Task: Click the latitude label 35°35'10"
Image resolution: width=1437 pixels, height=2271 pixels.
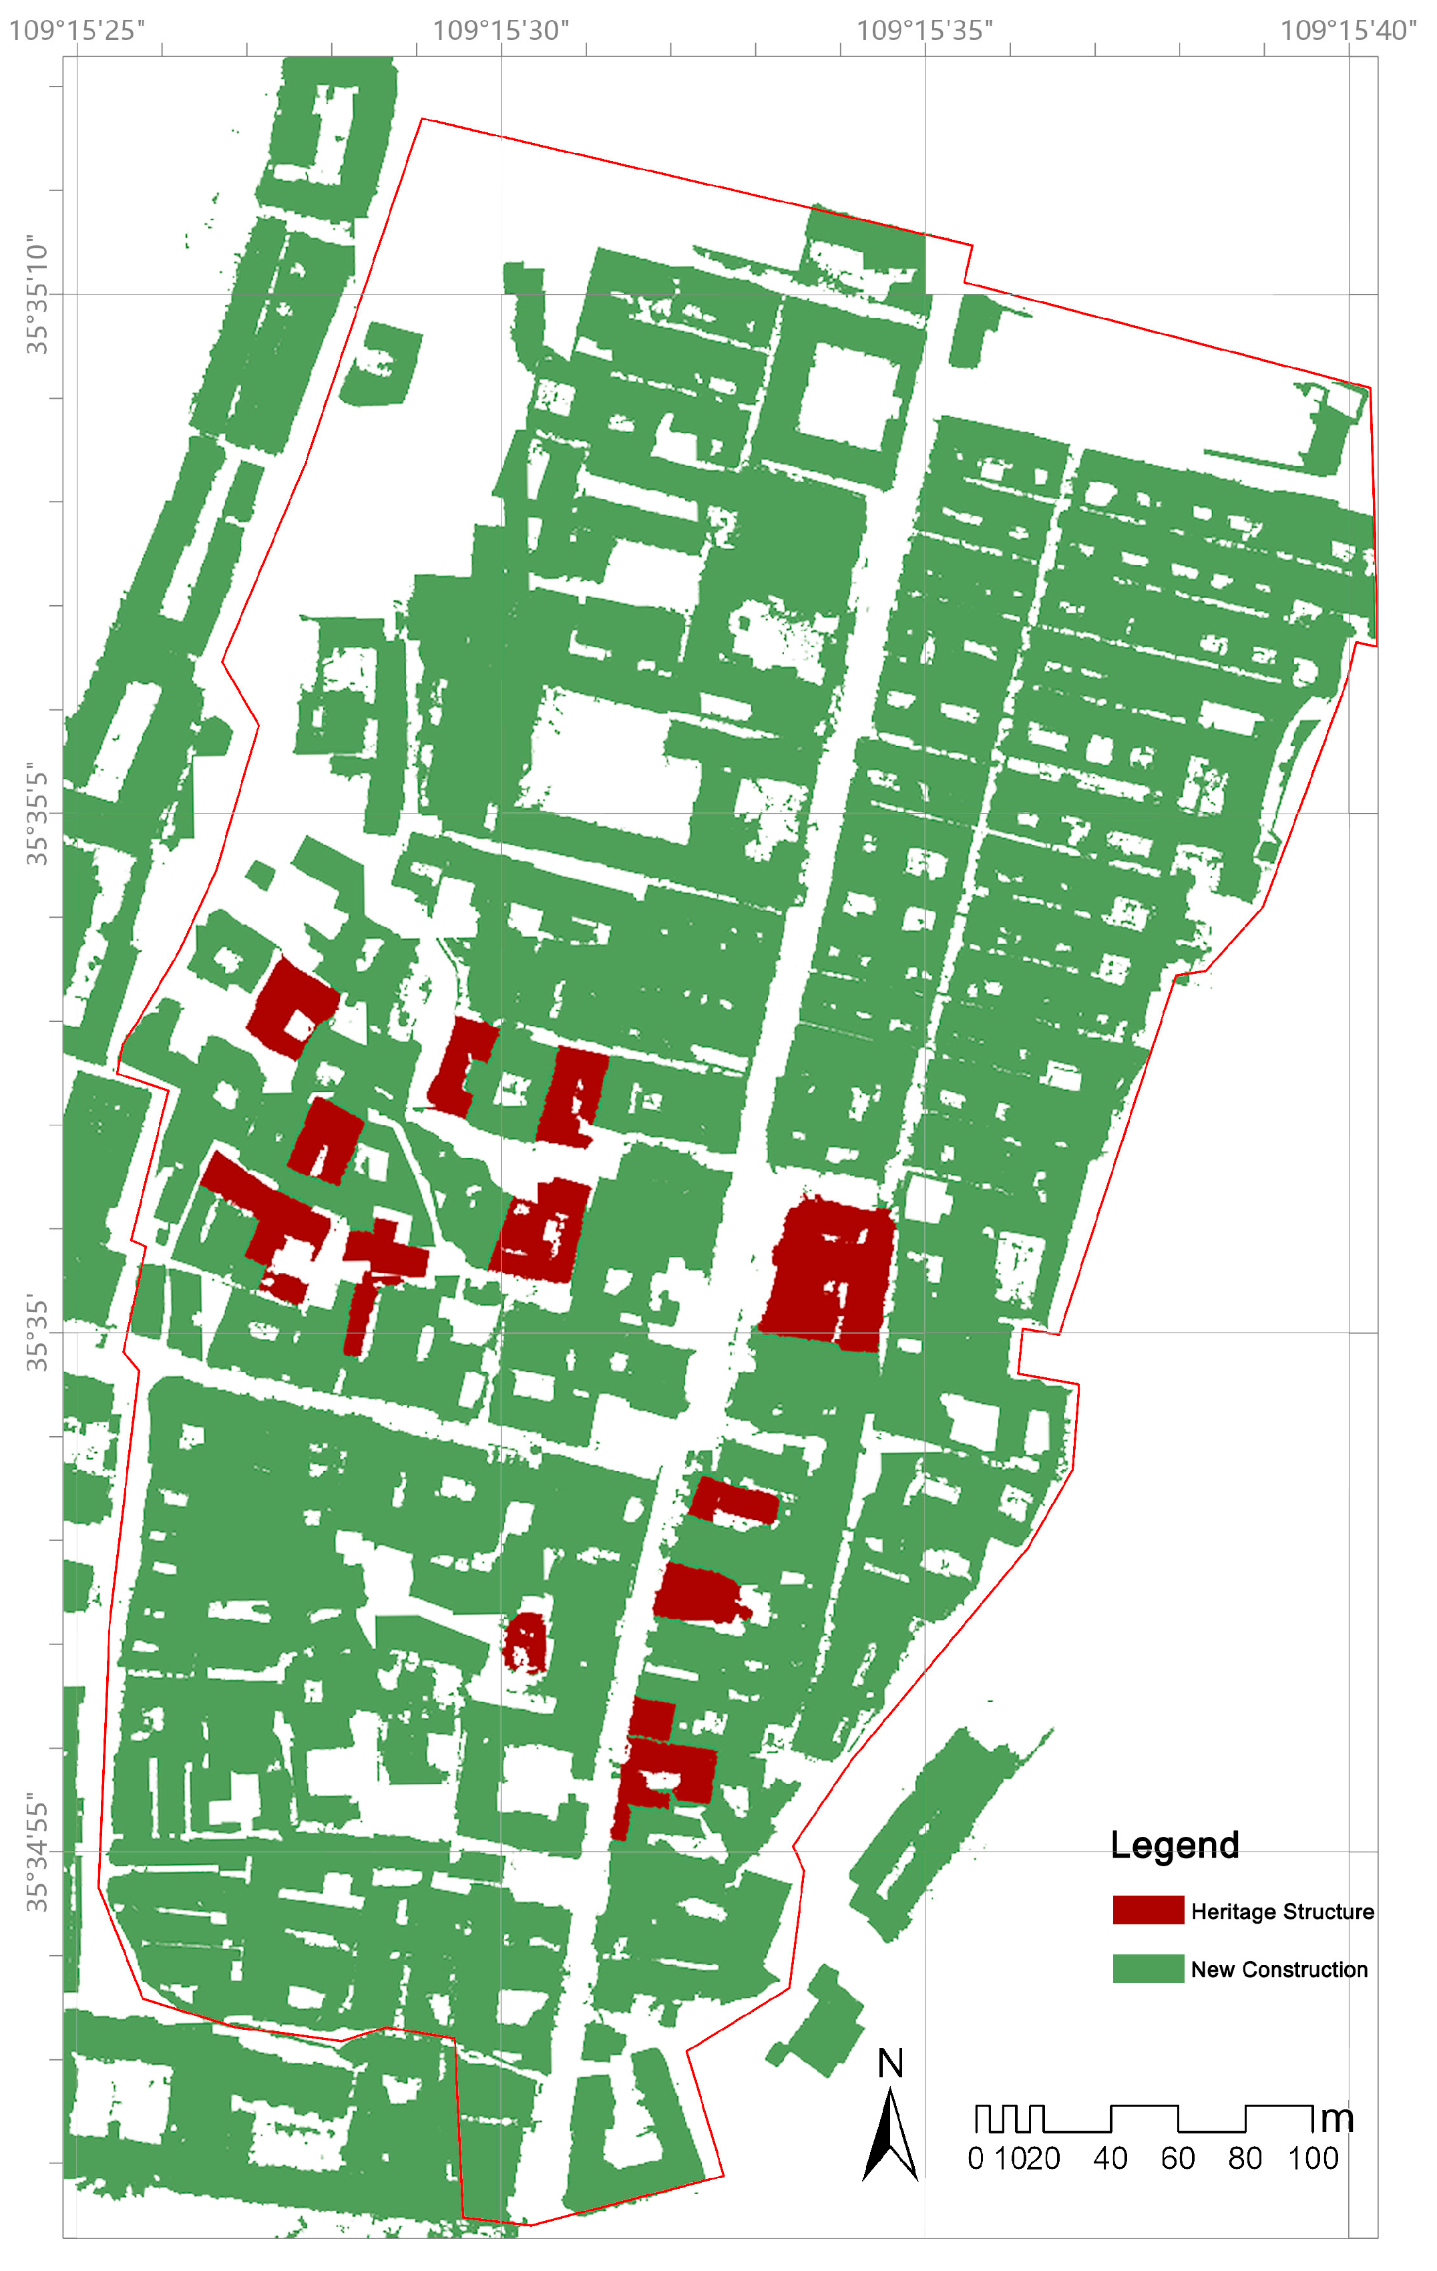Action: [x=36, y=295]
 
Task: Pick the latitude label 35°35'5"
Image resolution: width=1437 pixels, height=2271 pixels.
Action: [x=36, y=813]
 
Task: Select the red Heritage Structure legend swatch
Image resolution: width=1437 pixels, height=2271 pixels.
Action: [x=1147, y=1910]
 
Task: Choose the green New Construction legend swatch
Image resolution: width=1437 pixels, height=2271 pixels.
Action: [x=1147, y=1968]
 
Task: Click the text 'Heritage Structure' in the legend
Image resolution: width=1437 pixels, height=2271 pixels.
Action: [x=1281, y=1911]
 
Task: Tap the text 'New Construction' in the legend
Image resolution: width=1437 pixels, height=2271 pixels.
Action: [x=1279, y=1969]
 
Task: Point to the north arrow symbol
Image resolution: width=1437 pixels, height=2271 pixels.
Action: [x=889, y=2134]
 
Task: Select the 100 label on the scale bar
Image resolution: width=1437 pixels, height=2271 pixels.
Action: [x=1313, y=2159]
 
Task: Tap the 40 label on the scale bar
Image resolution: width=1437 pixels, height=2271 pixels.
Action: [x=1110, y=2159]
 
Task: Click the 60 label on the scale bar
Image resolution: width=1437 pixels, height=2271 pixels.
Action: [x=1178, y=2159]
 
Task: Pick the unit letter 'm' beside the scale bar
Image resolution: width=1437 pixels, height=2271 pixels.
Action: [x=1336, y=2118]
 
